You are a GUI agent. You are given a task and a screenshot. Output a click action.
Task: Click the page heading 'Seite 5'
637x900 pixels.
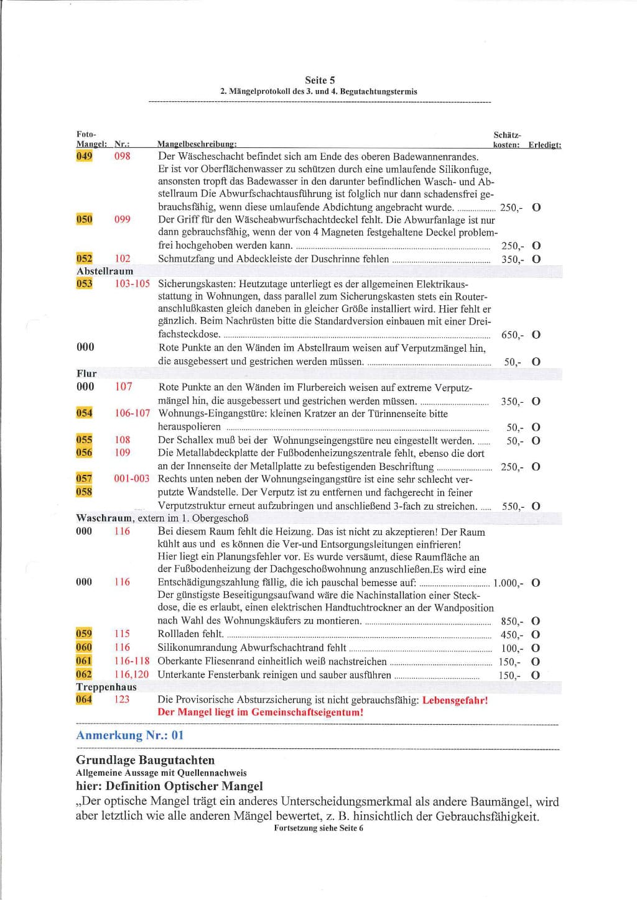320,80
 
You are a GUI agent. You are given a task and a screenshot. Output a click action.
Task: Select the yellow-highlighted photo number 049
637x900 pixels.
84,156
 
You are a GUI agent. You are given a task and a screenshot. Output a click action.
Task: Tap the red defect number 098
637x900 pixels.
123,156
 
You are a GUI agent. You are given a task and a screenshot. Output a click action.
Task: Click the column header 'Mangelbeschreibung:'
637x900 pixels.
197,145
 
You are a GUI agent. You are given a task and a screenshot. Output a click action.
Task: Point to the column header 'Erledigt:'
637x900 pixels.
544,145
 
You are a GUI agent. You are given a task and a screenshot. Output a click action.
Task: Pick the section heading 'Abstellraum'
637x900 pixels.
105,271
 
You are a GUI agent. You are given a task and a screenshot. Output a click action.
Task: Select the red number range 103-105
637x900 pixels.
132,283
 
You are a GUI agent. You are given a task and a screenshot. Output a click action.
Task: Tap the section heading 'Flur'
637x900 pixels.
86,374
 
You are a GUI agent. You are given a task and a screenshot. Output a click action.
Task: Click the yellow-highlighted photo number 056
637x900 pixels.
84,452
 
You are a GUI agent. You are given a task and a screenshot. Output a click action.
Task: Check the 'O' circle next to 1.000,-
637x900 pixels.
536,583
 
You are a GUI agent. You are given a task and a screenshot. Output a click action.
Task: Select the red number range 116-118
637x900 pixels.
132,661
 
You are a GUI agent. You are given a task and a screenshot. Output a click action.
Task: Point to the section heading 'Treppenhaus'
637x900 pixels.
106,687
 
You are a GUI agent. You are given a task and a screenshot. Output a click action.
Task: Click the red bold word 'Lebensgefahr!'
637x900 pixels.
455,700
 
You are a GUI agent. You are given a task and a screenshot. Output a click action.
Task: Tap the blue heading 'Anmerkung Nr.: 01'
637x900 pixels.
130,735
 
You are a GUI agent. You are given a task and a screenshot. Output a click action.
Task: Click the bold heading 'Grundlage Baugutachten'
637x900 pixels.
145,760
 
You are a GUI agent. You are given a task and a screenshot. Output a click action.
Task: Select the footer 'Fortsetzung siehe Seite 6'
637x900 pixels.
318,828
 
